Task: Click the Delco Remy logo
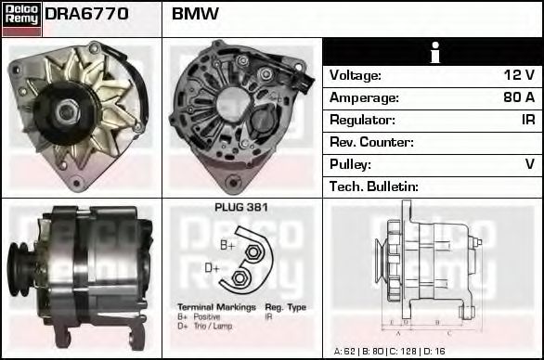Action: (20, 18)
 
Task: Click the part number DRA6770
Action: (86, 15)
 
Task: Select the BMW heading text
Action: (195, 15)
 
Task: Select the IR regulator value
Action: (527, 120)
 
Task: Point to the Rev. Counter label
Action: (371, 142)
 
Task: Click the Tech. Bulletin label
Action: (374, 186)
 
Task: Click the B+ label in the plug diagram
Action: (227, 245)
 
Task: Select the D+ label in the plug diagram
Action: (213, 268)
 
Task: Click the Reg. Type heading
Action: (285, 307)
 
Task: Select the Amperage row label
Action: (365, 97)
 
